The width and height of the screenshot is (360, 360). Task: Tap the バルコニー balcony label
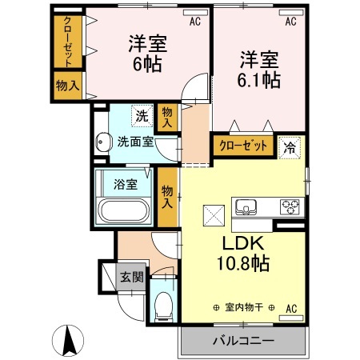click(x=242, y=341)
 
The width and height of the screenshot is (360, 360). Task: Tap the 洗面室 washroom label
click(x=136, y=143)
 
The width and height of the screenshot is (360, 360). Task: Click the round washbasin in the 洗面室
click(x=102, y=144)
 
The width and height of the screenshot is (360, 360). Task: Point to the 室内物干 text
click(x=244, y=308)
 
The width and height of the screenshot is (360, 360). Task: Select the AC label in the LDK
click(x=291, y=308)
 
